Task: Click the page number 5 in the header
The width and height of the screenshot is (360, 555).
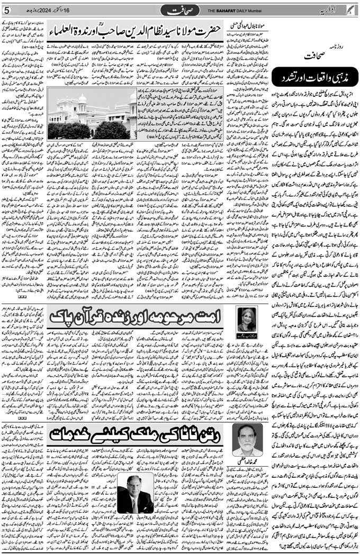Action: [x=6, y=11]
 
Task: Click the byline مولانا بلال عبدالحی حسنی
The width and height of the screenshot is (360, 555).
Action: [x=249, y=25]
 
